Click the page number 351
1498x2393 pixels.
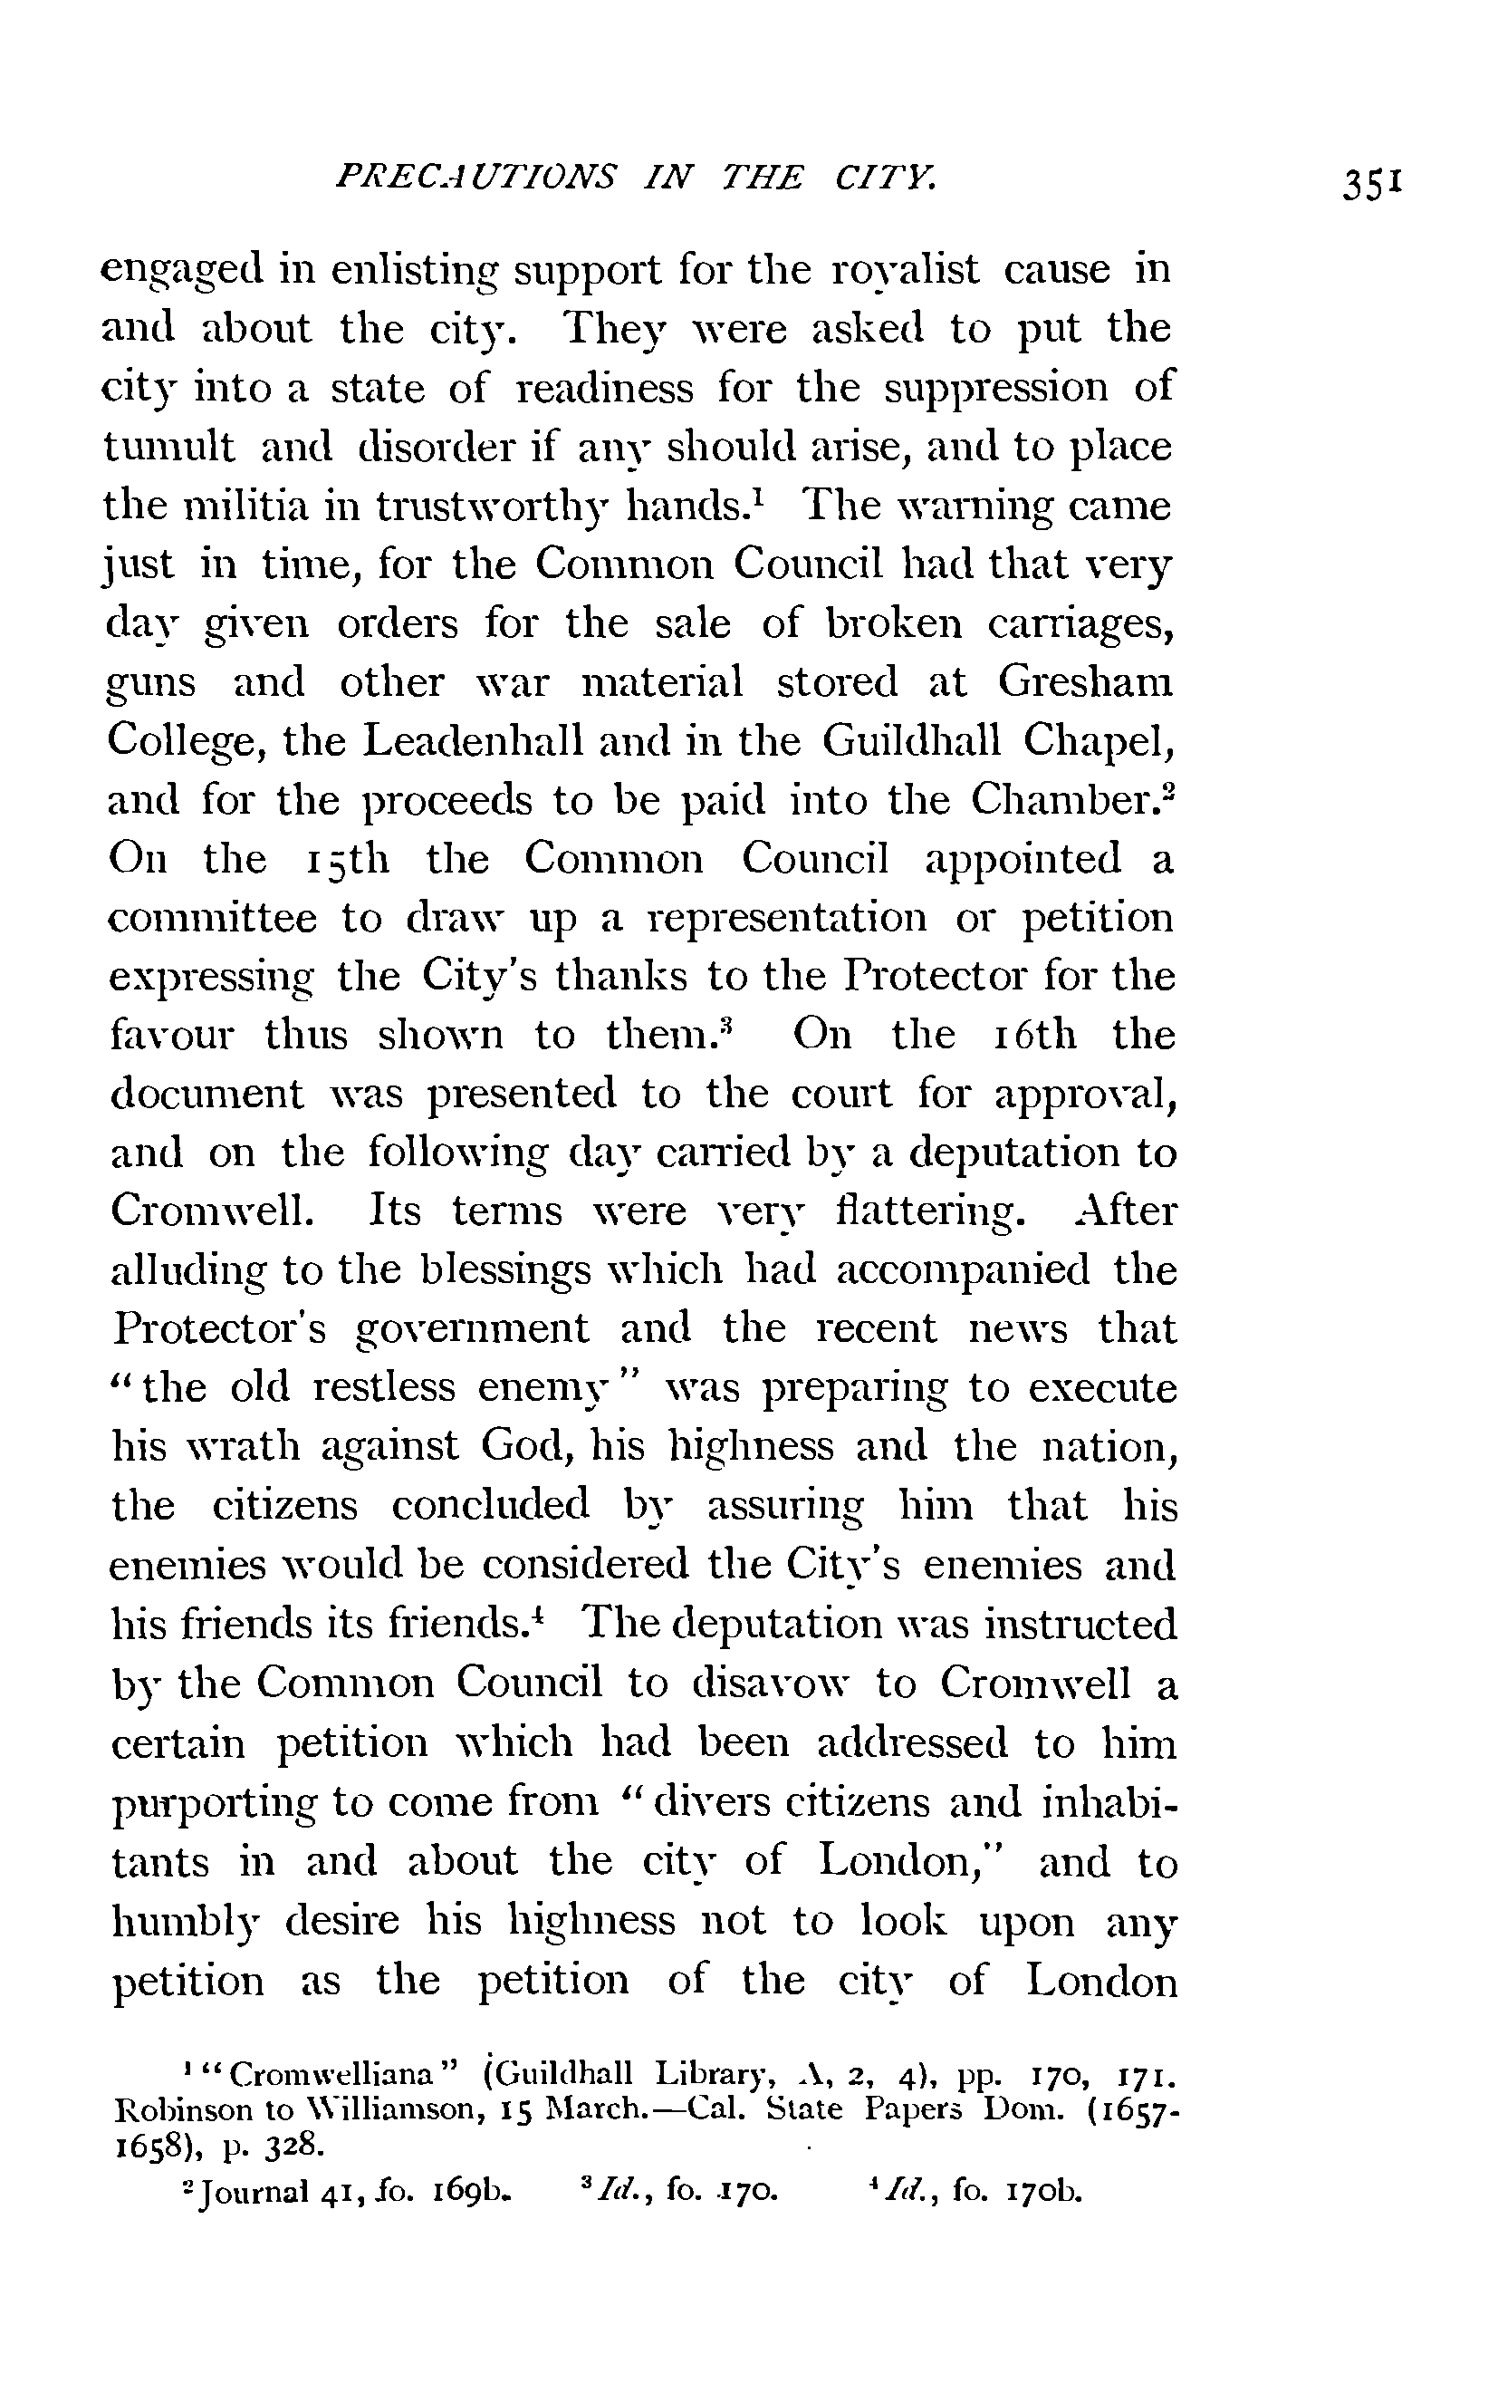[x=1371, y=184]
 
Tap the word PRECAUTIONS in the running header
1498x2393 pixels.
[x=475, y=178]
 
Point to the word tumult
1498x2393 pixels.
[x=168, y=447]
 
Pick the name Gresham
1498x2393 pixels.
[x=1085, y=682]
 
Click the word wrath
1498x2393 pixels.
[x=243, y=1447]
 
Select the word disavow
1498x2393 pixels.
[x=781, y=1683]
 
